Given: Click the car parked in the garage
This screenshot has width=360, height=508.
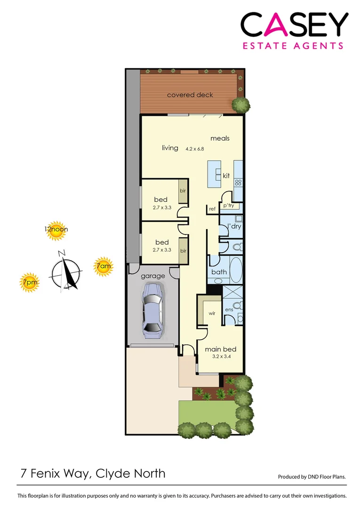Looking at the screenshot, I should (x=153, y=310).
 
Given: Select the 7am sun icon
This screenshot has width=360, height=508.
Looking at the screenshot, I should (x=104, y=267).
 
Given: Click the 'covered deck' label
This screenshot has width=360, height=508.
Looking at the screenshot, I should (x=190, y=95).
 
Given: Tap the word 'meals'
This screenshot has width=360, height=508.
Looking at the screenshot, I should (x=220, y=138).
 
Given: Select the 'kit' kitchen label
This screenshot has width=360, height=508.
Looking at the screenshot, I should (x=226, y=175).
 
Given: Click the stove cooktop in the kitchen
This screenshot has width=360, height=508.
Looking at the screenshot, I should (x=238, y=183).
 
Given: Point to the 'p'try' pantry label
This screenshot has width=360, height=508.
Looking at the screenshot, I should (x=229, y=206).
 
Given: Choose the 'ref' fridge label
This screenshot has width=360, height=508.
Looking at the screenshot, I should (x=212, y=209).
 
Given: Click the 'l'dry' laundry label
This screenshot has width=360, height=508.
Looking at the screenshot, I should (x=234, y=226).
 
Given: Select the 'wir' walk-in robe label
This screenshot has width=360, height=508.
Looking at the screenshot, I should (x=212, y=313).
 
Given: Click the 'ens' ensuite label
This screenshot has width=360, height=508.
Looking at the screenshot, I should (x=229, y=310).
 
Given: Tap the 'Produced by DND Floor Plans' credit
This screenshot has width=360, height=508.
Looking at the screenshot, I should (x=312, y=476).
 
